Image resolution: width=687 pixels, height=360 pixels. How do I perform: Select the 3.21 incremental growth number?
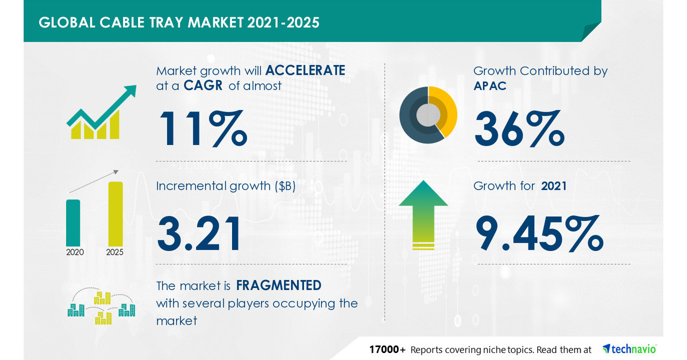[x=199, y=234]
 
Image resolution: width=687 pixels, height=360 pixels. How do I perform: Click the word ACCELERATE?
[x=305, y=70]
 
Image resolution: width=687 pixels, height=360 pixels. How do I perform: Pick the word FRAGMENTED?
[x=279, y=285]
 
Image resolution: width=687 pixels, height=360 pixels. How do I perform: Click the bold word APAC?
[x=490, y=86]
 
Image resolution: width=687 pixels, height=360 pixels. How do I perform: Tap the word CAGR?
[x=203, y=86]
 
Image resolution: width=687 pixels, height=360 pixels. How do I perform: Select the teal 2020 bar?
[x=73, y=222]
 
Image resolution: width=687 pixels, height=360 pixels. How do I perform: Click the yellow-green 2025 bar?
[x=115, y=213]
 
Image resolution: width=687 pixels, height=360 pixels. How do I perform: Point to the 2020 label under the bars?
[x=75, y=252]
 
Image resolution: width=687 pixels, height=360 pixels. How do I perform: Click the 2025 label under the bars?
[x=115, y=252]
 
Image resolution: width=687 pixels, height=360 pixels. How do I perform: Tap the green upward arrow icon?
[x=423, y=214]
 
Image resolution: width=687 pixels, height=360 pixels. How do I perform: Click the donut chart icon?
[x=428, y=114]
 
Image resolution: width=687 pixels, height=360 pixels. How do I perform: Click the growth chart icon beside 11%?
[x=100, y=114]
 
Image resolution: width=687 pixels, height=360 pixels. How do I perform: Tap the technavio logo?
[x=630, y=349]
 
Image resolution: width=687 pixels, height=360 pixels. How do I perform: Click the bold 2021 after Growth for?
[x=554, y=186]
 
